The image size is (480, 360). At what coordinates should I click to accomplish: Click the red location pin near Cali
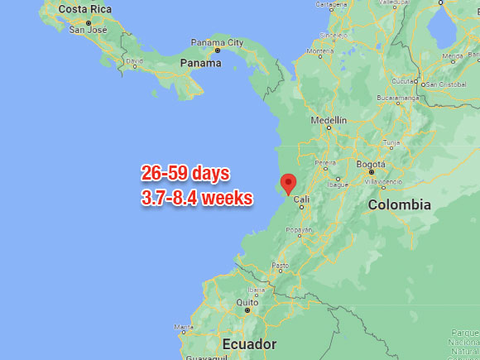(288, 183)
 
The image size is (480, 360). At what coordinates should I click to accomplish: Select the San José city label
(88, 30)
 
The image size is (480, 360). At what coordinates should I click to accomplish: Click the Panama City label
(218, 42)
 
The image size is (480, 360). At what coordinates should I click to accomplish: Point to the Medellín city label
(329, 120)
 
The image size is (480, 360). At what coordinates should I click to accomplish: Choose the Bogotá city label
(371, 164)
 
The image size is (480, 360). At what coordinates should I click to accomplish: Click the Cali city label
(301, 199)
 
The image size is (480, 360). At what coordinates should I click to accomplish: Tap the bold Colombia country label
(400, 204)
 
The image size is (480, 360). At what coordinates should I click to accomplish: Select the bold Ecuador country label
(248, 343)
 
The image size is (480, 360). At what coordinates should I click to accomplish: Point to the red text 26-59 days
(185, 174)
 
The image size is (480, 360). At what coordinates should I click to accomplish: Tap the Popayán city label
(300, 230)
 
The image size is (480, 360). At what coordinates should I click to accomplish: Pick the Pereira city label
(325, 162)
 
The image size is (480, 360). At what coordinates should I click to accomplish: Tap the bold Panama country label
(202, 62)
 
